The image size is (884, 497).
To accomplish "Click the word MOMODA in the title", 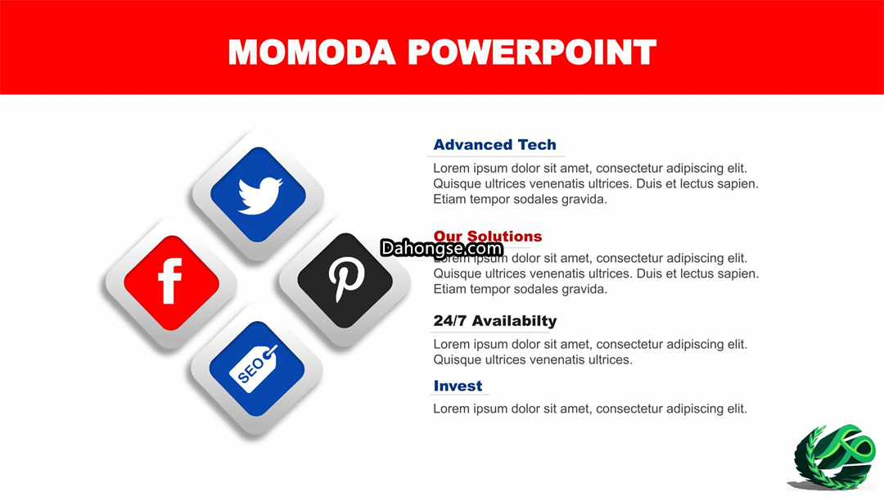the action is (x=312, y=52).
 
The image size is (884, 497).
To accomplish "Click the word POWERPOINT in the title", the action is (x=532, y=52).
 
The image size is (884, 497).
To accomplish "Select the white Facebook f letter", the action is (x=169, y=281).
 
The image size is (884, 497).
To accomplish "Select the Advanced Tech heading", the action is (x=494, y=145).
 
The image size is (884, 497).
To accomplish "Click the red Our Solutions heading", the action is (x=488, y=236).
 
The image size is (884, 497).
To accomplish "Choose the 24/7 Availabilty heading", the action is (x=495, y=321).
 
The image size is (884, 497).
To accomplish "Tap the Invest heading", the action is (x=458, y=386).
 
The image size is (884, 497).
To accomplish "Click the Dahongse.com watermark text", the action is (x=441, y=248).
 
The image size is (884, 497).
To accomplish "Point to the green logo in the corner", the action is (x=833, y=457).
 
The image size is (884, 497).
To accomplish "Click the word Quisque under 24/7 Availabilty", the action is (x=458, y=360).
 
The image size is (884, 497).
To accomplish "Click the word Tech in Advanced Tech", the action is (x=537, y=145).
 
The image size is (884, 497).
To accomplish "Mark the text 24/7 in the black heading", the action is (x=450, y=321).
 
